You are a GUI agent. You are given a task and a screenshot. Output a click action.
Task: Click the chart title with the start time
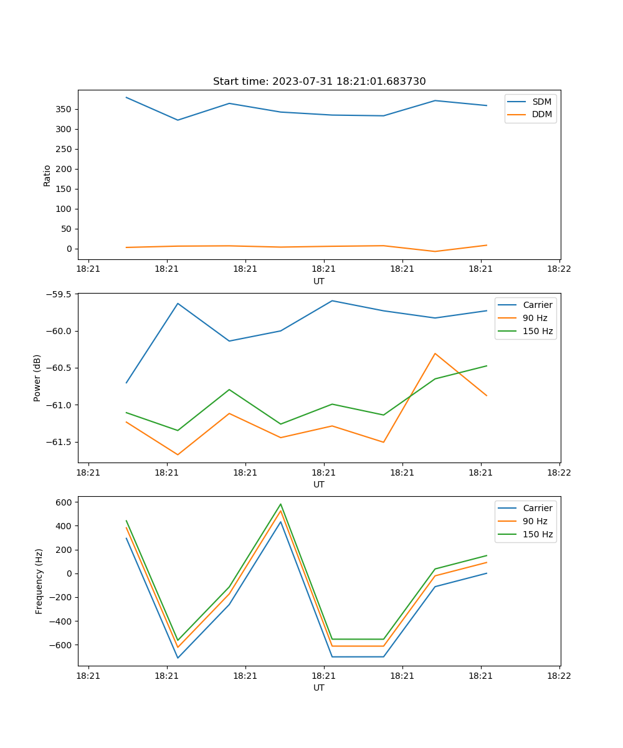click(x=319, y=82)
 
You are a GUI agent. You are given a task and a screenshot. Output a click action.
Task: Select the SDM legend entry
click(x=541, y=102)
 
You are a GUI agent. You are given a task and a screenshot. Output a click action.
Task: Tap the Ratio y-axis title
click(x=47, y=175)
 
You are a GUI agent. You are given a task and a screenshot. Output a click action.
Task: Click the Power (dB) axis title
click(x=37, y=378)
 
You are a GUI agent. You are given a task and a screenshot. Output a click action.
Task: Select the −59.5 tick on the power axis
click(x=59, y=294)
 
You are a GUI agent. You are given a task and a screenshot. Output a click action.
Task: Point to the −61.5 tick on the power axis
click(x=59, y=442)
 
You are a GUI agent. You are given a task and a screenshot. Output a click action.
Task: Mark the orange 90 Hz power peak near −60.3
click(x=435, y=353)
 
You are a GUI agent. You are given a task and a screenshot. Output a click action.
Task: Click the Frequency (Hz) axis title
click(x=39, y=581)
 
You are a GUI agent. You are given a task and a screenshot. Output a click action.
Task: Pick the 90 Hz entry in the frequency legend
click(x=535, y=521)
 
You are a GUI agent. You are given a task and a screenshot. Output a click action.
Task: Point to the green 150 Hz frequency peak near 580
click(x=280, y=504)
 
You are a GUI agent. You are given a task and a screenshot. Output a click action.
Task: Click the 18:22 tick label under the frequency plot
click(x=559, y=675)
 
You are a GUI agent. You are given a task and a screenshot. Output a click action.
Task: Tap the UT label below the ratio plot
click(x=319, y=281)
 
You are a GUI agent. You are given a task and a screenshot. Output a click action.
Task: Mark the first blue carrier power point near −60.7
click(x=126, y=383)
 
